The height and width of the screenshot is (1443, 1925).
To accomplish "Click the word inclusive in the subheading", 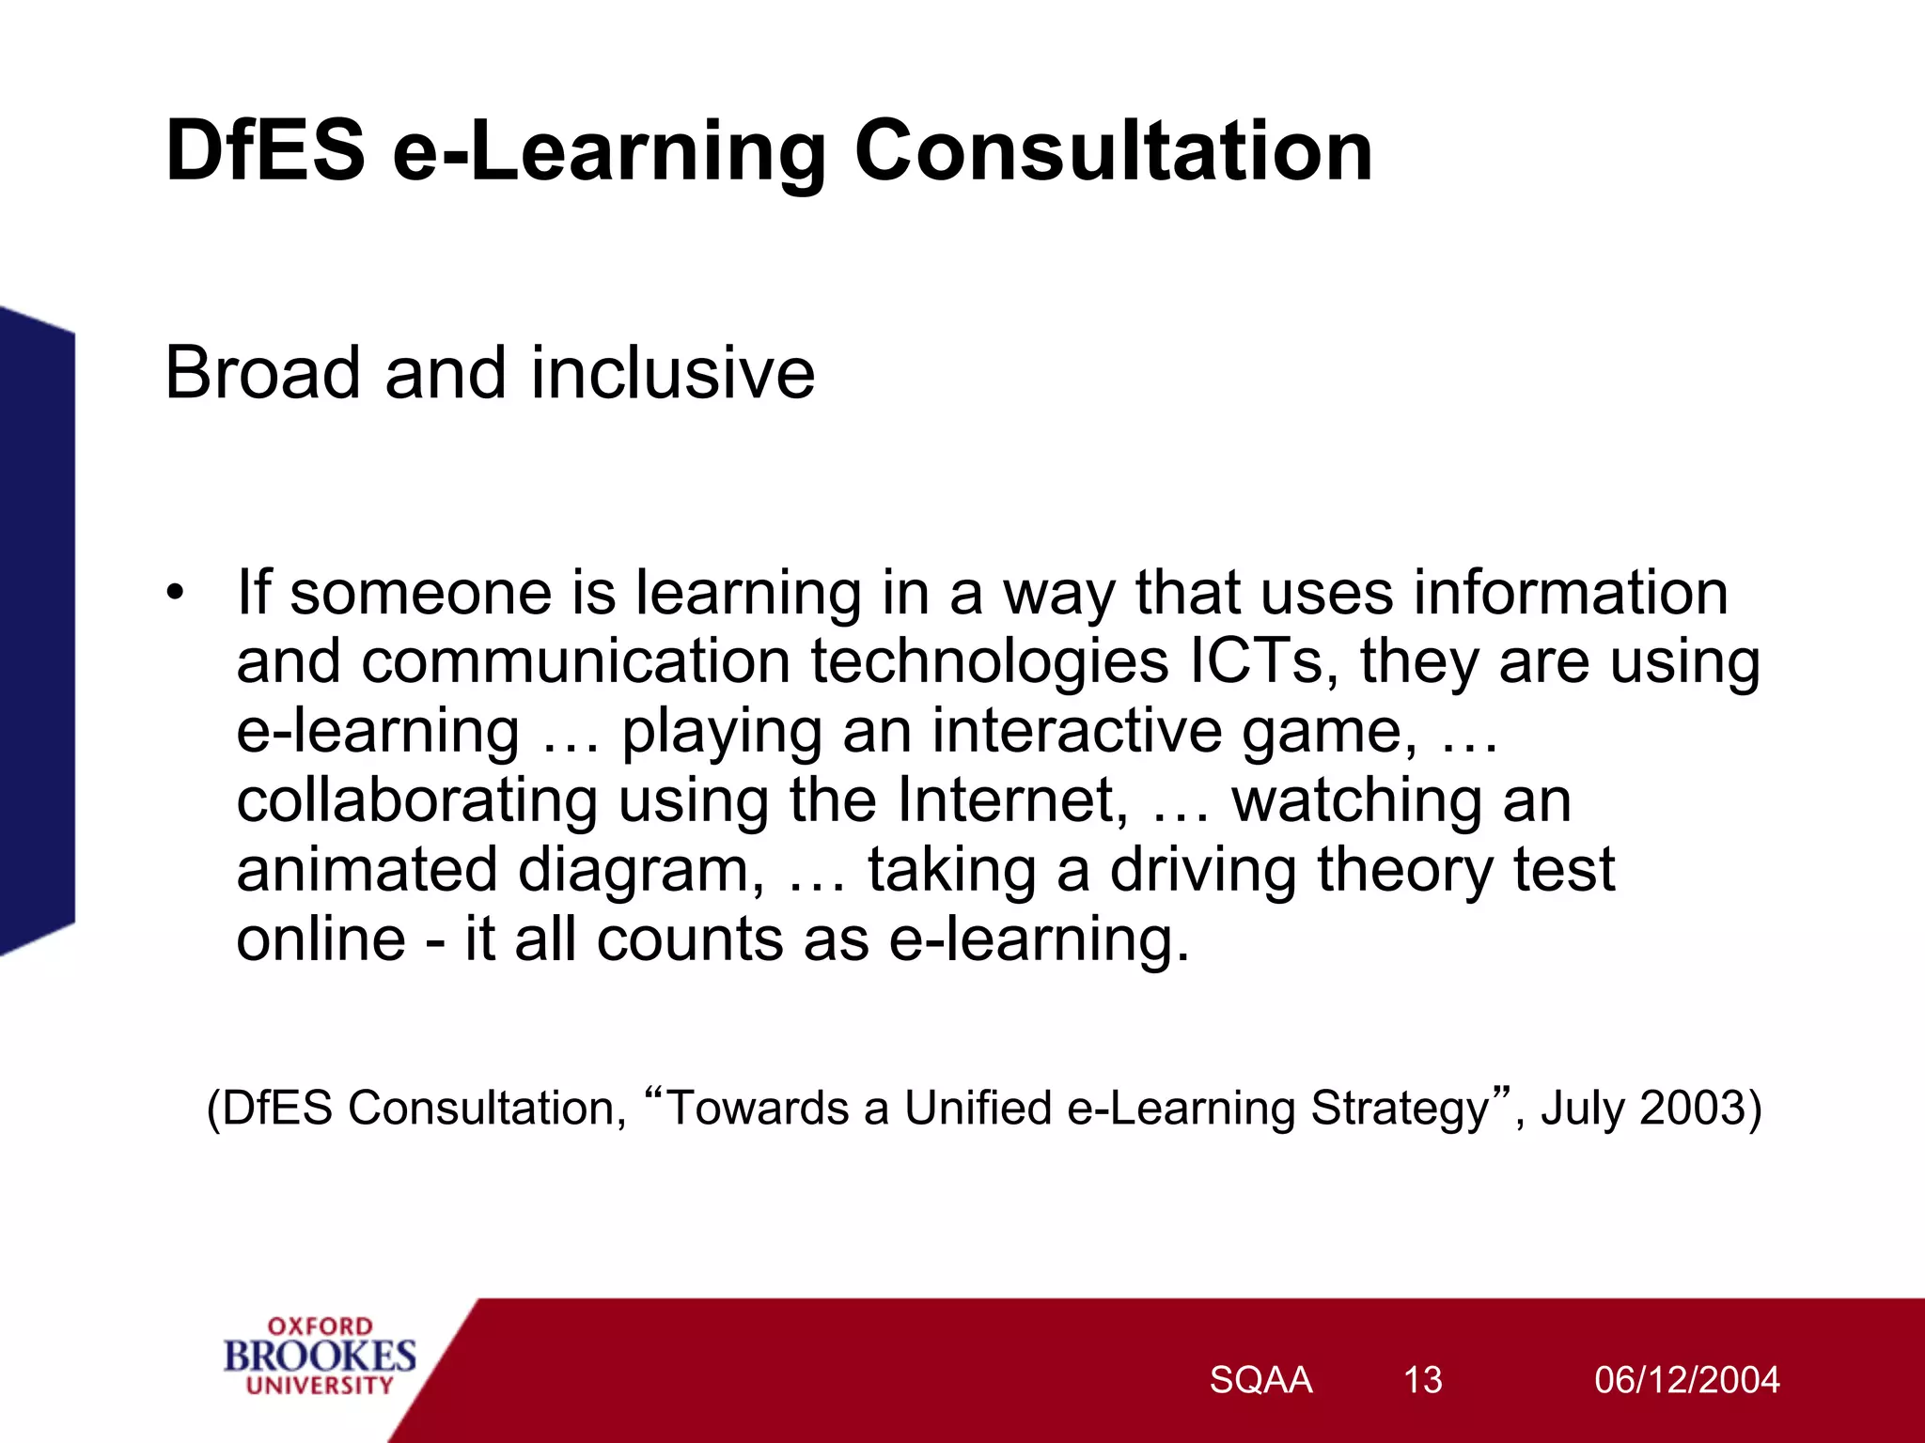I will (x=673, y=373).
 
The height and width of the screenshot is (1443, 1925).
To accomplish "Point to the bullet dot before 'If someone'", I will (x=175, y=594).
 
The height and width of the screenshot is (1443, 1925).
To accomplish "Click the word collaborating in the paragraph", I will (x=416, y=800).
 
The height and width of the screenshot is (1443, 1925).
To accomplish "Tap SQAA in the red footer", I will (x=1260, y=1380).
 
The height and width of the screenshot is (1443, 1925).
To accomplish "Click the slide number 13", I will (x=1422, y=1380).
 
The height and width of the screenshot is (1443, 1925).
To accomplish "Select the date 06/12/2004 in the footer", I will (x=1686, y=1380).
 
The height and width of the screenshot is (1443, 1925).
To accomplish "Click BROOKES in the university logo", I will (x=320, y=1357).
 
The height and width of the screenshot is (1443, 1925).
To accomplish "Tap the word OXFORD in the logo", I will (x=320, y=1327).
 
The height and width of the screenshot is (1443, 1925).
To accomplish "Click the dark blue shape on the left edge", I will (x=36, y=629).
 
